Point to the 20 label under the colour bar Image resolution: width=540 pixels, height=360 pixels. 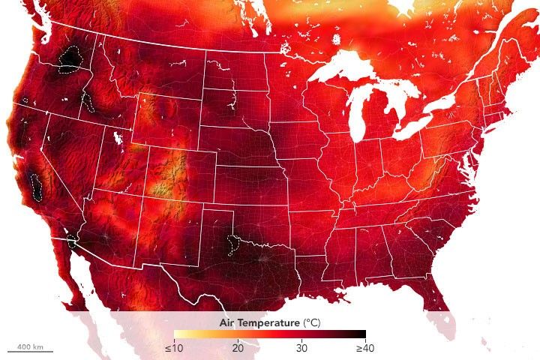point(237,347)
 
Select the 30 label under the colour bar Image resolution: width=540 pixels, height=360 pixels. point(301,347)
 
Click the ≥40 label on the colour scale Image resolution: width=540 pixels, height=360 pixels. point(365,347)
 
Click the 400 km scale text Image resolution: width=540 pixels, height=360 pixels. point(30,346)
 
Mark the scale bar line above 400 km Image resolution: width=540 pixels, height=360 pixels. point(30,352)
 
